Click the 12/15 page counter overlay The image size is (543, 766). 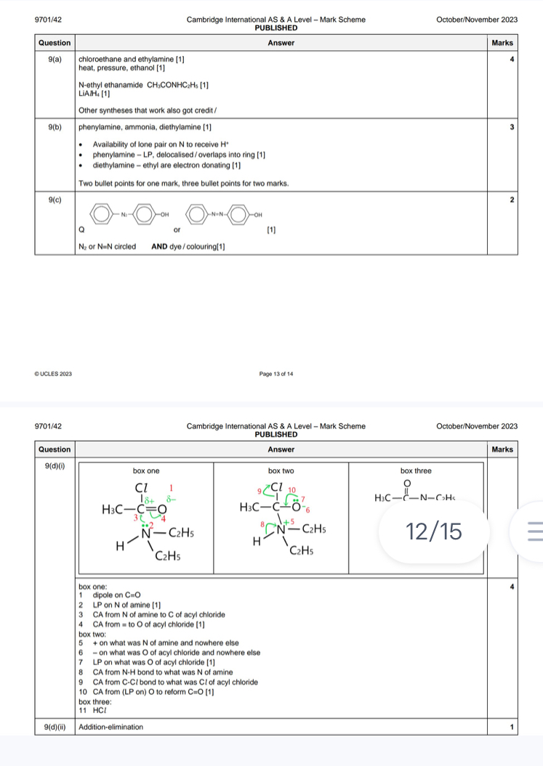click(x=435, y=531)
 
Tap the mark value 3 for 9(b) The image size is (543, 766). click(x=512, y=127)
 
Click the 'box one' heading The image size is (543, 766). click(x=146, y=470)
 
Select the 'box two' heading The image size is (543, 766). click(x=281, y=470)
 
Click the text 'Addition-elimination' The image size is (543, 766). click(x=111, y=726)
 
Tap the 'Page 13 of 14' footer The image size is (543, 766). click(x=276, y=373)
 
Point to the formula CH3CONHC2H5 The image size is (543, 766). click(x=175, y=85)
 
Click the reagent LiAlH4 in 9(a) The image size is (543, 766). click(x=91, y=93)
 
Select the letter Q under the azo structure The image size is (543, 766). click(x=82, y=229)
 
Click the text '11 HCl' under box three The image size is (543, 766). click(x=92, y=709)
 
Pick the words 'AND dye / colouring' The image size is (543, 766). click(x=186, y=247)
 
